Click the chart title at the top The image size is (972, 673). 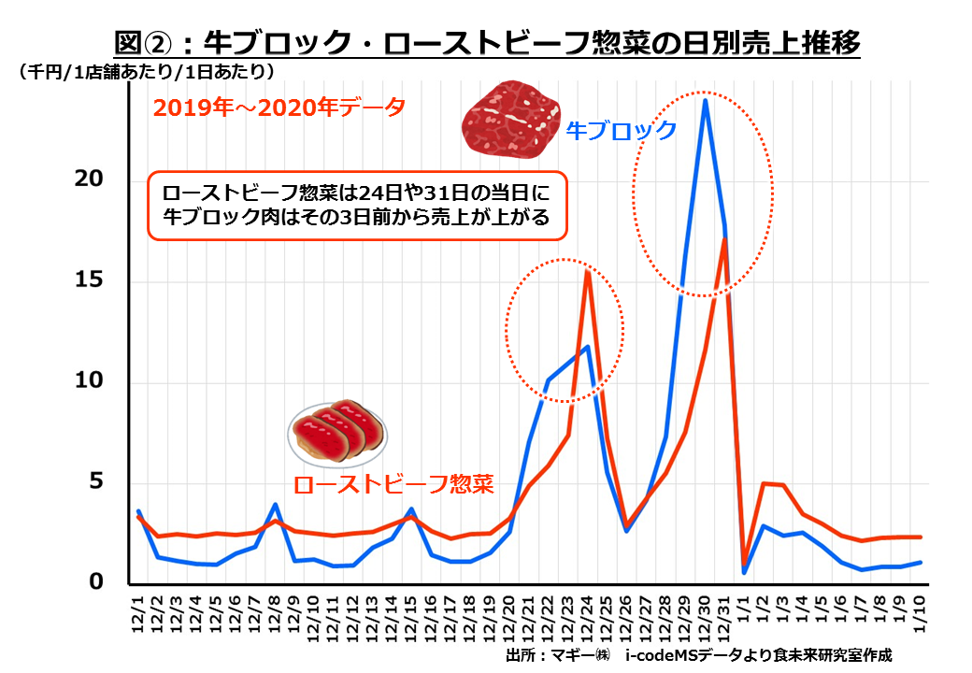point(486,42)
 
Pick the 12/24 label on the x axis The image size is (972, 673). point(587,618)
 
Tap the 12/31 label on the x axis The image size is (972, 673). point(724,618)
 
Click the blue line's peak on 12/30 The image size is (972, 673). point(705,100)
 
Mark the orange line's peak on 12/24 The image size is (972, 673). point(587,270)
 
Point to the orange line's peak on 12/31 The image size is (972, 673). point(724,240)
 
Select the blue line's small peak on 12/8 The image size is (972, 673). point(275,504)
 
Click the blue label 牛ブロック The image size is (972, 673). point(622,130)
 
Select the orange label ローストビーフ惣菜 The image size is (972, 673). point(393,484)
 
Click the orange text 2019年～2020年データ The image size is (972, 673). point(279,107)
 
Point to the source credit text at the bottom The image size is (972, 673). point(697,655)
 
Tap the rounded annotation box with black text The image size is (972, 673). point(357,205)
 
